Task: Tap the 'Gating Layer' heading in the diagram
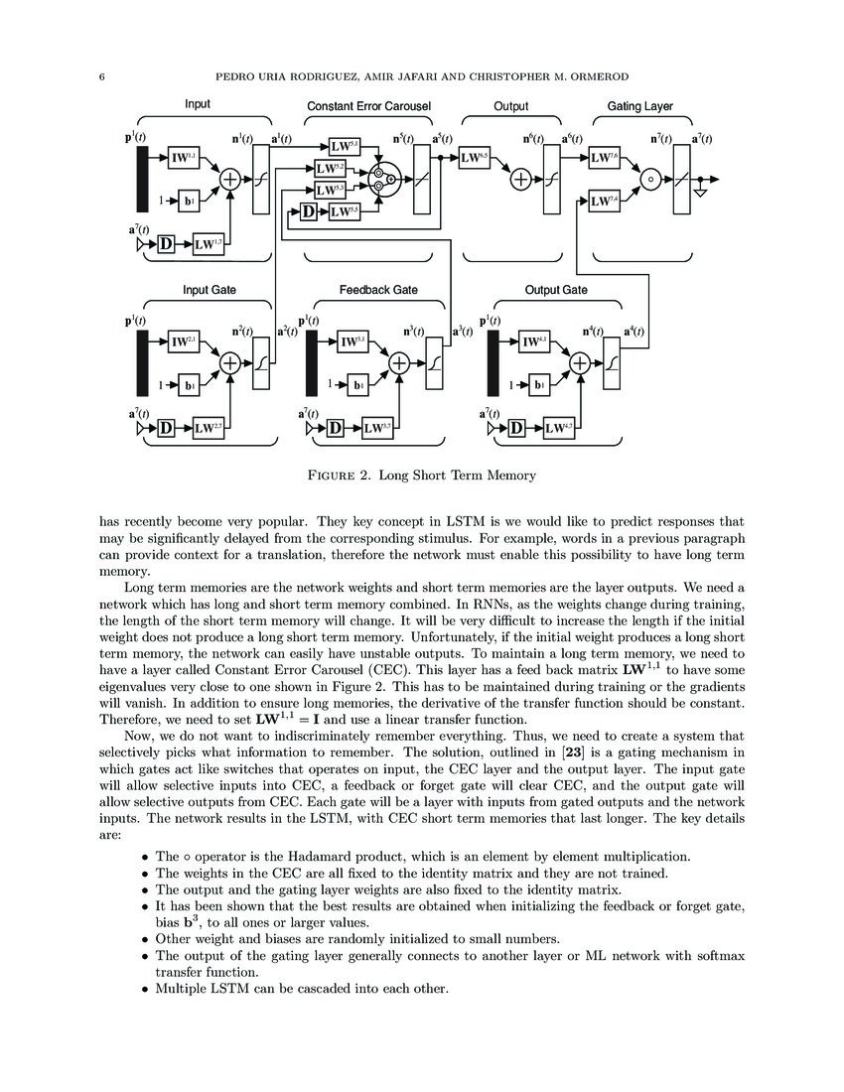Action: click(x=639, y=106)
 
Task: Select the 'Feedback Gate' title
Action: click(x=378, y=290)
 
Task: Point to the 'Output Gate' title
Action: click(x=555, y=290)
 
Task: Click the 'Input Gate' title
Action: click(x=210, y=290)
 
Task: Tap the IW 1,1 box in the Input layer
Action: click(x=185, y=157)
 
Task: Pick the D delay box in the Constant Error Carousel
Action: click(x=308, y=211)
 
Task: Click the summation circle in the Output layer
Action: click(x=520, y=180)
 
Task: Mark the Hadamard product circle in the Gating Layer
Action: click(x=651, y=180)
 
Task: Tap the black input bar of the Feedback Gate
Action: click(x=314, y=362)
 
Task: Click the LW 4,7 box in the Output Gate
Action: click(x=560, y=428)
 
